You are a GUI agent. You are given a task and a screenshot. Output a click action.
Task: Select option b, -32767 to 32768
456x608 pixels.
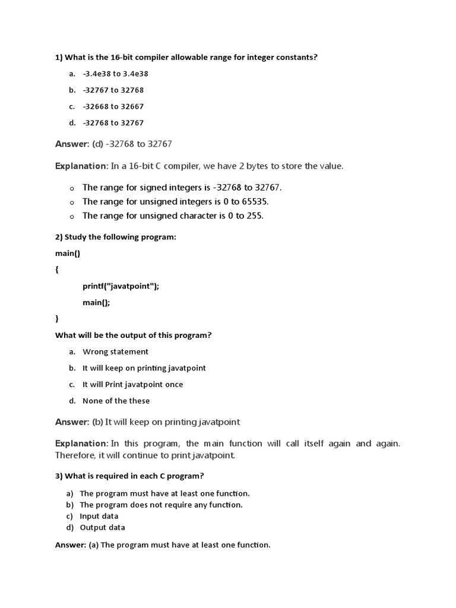(113, 90)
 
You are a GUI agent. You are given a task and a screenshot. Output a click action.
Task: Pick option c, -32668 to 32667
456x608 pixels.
(113, 107)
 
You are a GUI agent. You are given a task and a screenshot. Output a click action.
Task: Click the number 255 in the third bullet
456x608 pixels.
(254, 216)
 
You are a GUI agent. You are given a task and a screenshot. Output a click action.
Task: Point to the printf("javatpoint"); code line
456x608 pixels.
(121, 286)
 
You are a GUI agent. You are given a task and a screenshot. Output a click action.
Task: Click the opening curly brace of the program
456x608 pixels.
(57, 270)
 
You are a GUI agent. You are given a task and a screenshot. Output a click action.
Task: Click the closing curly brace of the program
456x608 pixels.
(57, 319)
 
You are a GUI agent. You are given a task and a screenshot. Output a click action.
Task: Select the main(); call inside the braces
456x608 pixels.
(96, 303)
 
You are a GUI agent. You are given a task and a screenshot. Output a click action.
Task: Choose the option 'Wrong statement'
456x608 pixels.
(115, 352)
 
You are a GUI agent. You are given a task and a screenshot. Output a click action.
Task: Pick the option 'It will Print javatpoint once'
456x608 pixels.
(132, 385)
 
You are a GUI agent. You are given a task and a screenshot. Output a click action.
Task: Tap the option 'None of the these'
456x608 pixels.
(116, 401)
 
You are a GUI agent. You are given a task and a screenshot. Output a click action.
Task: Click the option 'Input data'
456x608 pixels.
(99, 517)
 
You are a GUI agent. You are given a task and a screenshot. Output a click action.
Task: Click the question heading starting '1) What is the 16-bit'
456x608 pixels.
(186, 58)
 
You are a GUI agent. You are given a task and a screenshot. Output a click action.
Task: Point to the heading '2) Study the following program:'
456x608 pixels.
(116, 237)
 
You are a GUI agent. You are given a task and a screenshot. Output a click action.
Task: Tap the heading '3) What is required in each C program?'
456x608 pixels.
(129, 476)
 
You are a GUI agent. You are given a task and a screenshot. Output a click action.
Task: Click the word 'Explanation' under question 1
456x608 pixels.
(81, 166)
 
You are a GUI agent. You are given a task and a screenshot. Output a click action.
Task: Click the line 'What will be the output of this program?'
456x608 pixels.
(134, 335)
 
